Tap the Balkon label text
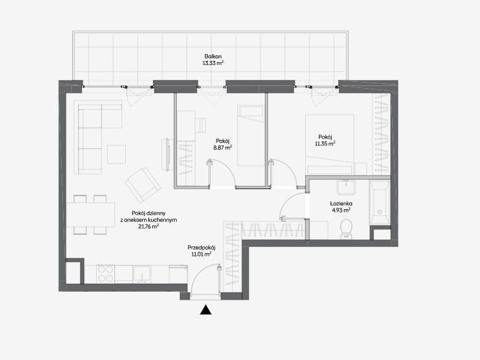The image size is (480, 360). pyautogui.click(x=213, y=57)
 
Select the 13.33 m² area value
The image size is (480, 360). pyautogui.click(x=213, y=64)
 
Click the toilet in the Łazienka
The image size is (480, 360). pyautogui.click(x=346, y=229)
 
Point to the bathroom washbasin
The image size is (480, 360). pyautogui.click(x=346, y=187)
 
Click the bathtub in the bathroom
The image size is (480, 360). pyautogui.click(x=380, y=202)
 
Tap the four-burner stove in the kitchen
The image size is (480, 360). pyautogui.click(x=106, y=274)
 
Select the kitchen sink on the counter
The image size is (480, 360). pyautogui.click(x=141, y=273)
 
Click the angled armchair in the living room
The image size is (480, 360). pyautogui.click(x=143, y=185)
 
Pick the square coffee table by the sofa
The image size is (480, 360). pyautogui.click(x=116, y=154)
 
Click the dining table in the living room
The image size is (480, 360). pyautogui.click(x=91, y=215)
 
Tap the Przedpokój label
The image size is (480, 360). pyautogui.click(x=202, y=248)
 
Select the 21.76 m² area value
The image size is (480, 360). pyautogui.click(x=148, y=227)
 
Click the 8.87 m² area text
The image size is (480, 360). pyautogui.click(x=223, y=148)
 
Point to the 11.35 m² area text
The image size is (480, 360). pyautogui.click(x=325, y=143)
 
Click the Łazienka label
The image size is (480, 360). pyautogui.click(x=341, y=204)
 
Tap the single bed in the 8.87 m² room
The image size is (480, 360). pyautogui.click(x=250, y=136)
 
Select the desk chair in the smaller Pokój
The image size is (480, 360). pyautogui.click(x=200, y=125)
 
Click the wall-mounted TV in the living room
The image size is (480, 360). pyautogui.click(x=167, y=154)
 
